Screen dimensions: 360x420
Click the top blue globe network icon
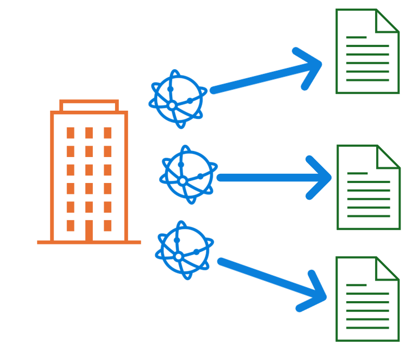[178, 99]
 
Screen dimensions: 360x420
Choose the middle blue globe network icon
[188, 174]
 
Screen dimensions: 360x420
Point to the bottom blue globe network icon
[184, 250]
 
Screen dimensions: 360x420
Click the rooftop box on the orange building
[89, 106]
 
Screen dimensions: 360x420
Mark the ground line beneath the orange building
[89, 242]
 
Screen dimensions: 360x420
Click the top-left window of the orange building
[70, 133]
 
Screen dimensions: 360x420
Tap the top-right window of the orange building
[107, 133]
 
